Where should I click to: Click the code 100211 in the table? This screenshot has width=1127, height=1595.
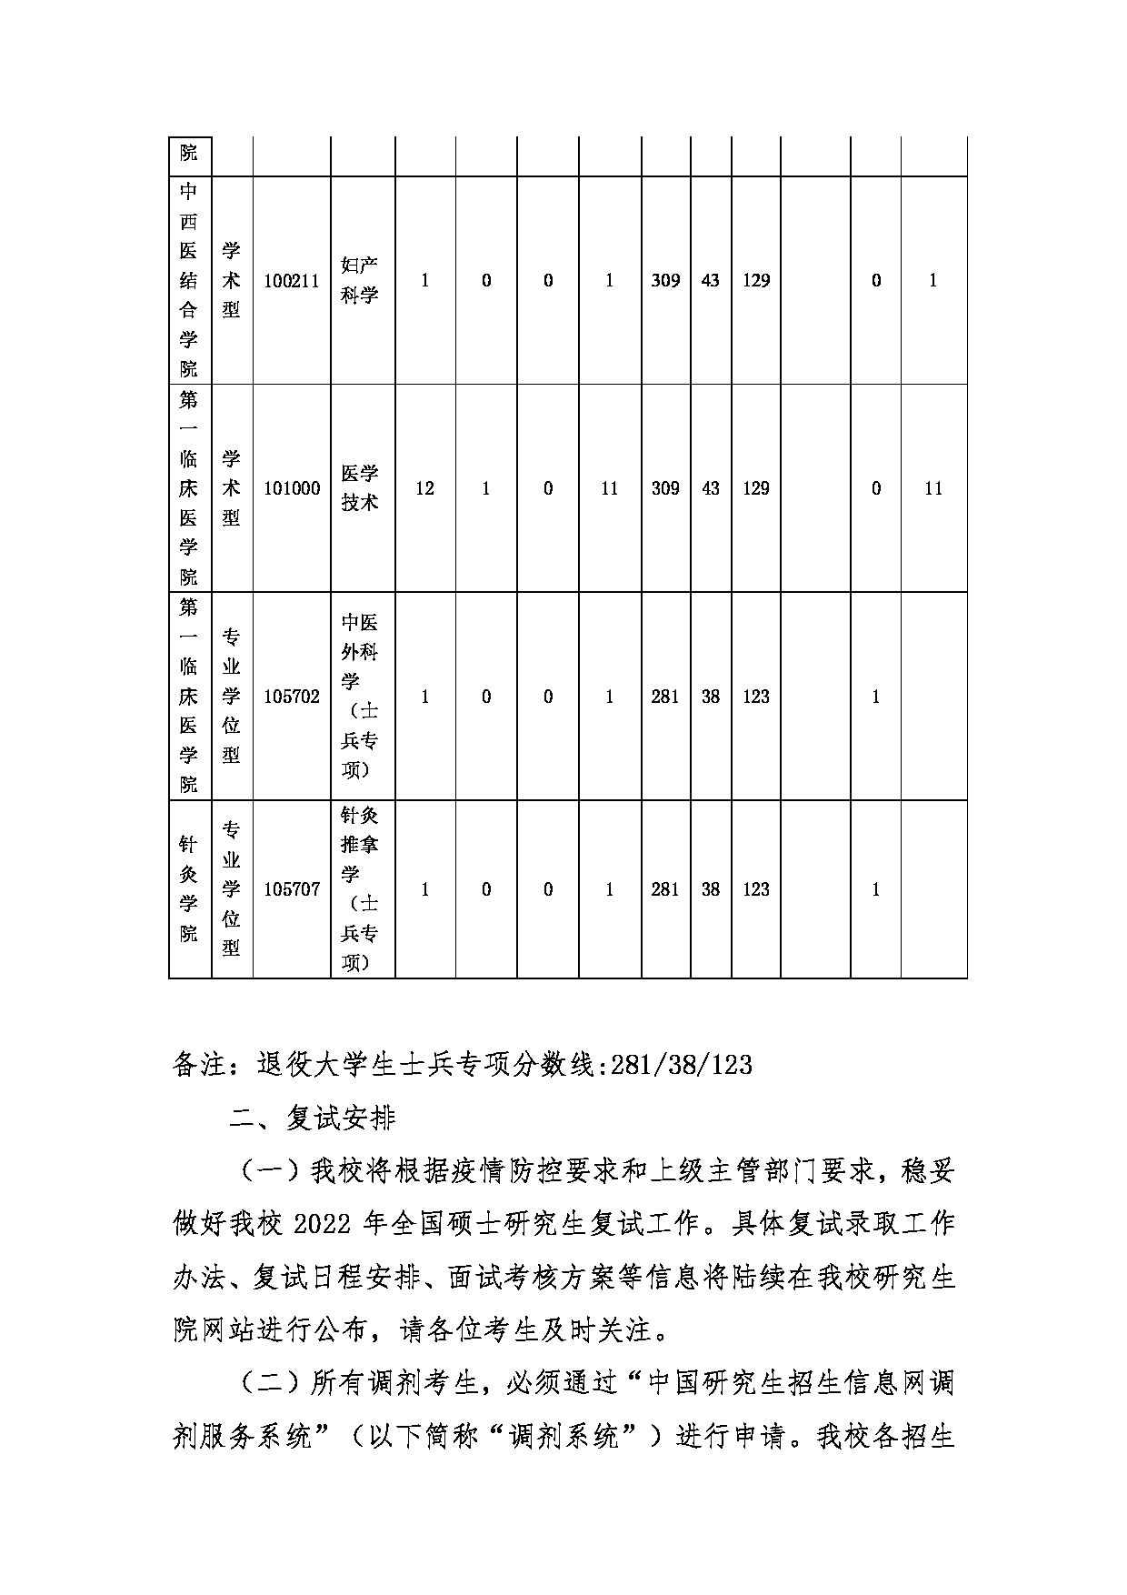tap(292, 281)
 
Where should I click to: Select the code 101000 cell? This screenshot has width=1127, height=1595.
tap(292, 488)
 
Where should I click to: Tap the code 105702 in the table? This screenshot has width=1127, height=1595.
tap(292, 697)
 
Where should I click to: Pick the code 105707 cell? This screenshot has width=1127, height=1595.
tap(292, 889)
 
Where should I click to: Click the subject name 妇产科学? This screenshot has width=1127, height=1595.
tap(360, 281)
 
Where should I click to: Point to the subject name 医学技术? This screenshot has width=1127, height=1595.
tap(360, 488)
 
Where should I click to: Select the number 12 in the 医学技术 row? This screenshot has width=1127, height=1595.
tap(424, 488)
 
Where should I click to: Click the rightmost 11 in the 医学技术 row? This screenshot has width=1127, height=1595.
tap(933, 488)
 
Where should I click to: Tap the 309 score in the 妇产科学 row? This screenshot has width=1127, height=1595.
tap(665, 281)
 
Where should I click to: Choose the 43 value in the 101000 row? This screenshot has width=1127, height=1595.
tap(711, 488)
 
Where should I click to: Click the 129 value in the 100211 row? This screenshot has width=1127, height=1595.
tap(756, 281)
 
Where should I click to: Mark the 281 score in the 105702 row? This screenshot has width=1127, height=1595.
tap(665, 697)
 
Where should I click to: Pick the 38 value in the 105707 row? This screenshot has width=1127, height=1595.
tap(711, 889)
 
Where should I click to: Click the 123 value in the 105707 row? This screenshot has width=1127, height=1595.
tap(756, 889)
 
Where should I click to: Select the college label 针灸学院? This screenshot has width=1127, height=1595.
tap(189, 889)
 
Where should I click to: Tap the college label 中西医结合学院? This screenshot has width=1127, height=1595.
tap(189, 281)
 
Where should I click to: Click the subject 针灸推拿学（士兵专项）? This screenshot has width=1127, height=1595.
tap(360, 889)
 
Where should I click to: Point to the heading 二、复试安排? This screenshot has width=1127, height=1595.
tap(312, 1118)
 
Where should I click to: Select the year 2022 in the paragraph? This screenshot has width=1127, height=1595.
tap(323, 1224)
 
